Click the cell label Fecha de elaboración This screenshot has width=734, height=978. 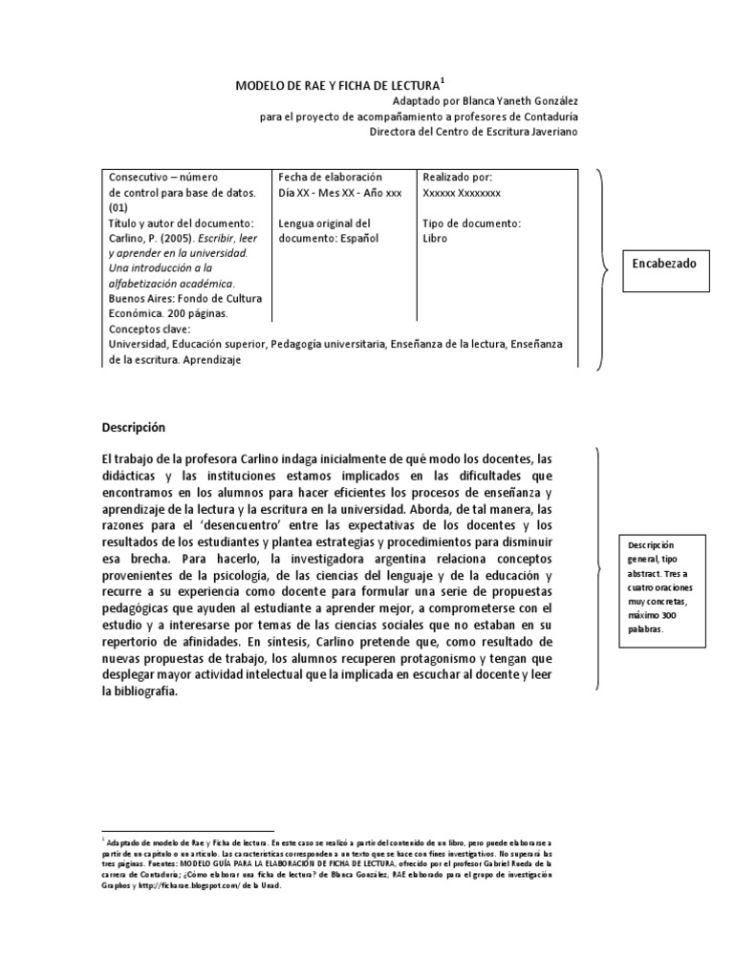330,178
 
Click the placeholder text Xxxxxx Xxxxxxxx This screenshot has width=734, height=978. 462,193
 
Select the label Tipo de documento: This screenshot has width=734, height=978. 471,223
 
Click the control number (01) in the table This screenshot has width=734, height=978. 119,207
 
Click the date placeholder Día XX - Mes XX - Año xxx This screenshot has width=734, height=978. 339,193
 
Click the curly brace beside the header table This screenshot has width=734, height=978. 603,268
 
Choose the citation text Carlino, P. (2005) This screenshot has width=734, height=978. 151,238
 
